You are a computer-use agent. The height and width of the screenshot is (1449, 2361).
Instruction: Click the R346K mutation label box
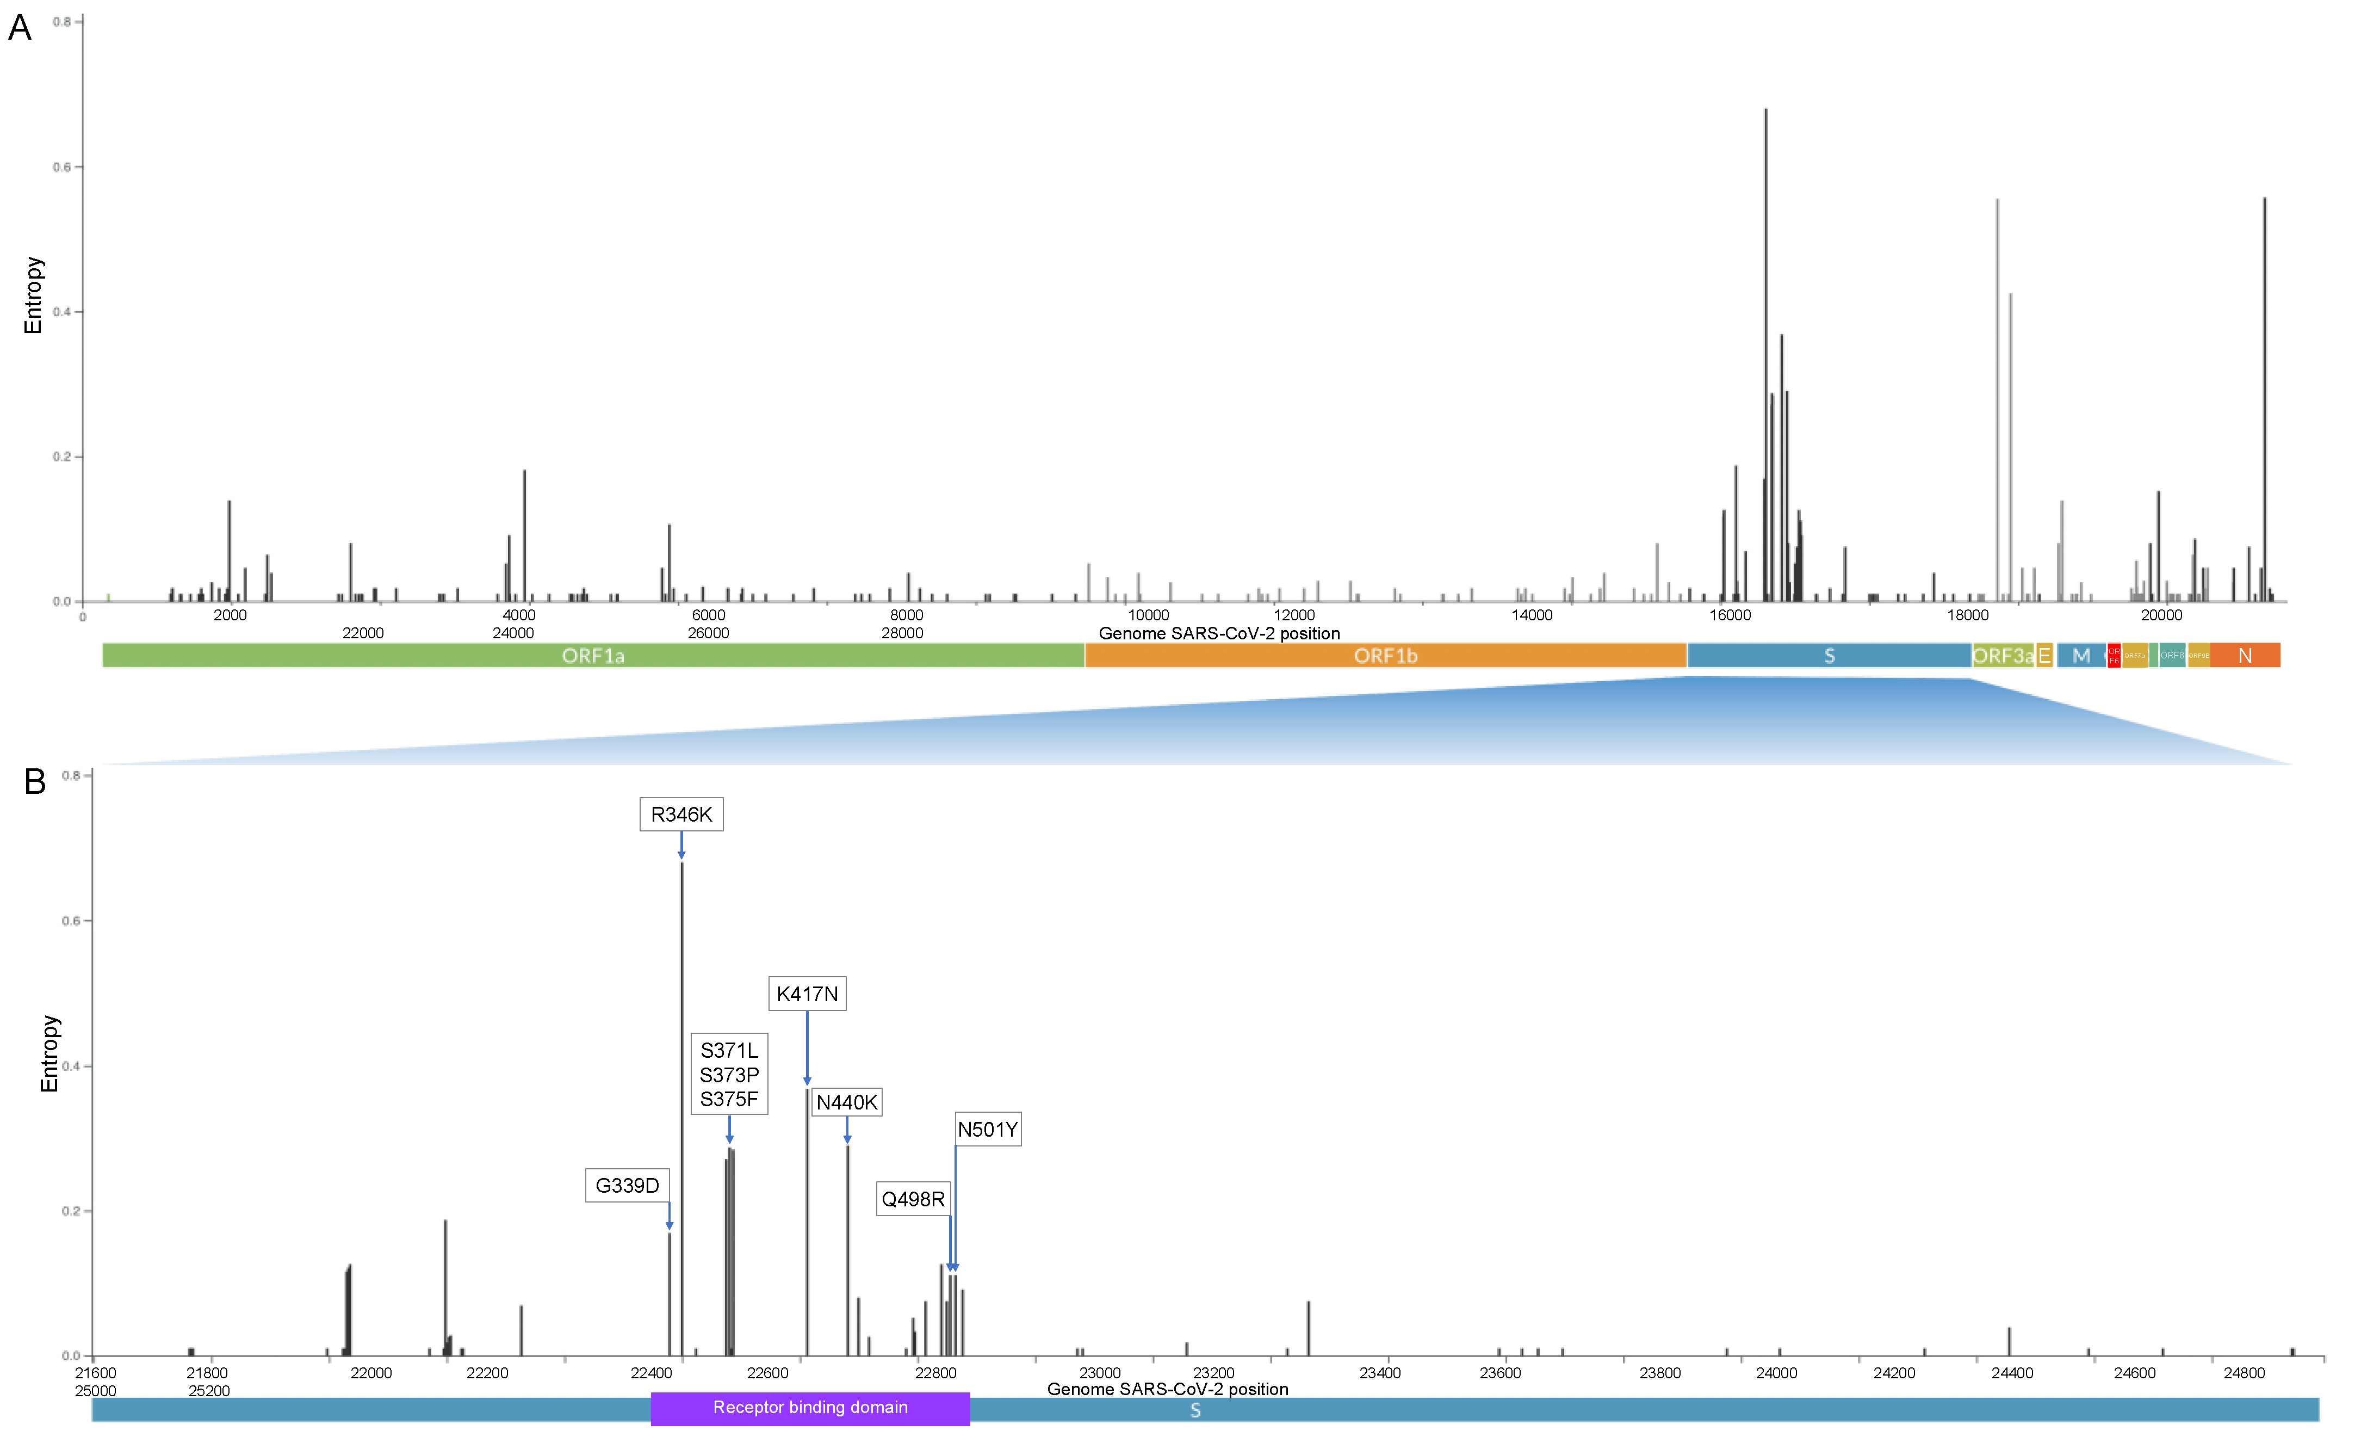click(x=681, y=815)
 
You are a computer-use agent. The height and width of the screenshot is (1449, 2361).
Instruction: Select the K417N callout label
click(x=807, y=994)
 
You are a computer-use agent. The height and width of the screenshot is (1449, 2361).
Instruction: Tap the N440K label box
click(x=846, y=1102)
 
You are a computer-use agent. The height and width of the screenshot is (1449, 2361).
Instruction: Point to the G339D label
click(x=628, y=1186)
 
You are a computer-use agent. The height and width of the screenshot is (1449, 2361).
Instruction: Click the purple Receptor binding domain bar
click(x=810, y=1408)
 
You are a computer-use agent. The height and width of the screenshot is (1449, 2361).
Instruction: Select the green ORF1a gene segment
click(x=593, y=656)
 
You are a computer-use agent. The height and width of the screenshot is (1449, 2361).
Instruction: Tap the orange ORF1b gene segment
click(x=1386, y=656)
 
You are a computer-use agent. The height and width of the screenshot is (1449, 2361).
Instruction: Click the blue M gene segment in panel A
click(x=2081, y=656)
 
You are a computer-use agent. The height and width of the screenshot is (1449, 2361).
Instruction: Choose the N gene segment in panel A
click(x=2245, y=656)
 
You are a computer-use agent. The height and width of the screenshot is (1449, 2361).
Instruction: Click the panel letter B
click(x=35, y=782)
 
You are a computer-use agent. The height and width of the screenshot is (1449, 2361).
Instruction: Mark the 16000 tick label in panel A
click(x=1731, y=615)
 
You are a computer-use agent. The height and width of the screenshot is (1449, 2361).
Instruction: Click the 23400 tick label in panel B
click(x=1380, y=1373)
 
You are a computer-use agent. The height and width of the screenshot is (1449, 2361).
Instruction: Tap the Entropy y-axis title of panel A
click(x=34, y=295)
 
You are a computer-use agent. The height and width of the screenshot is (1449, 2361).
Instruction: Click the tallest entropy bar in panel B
click(x=682, y=1102)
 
